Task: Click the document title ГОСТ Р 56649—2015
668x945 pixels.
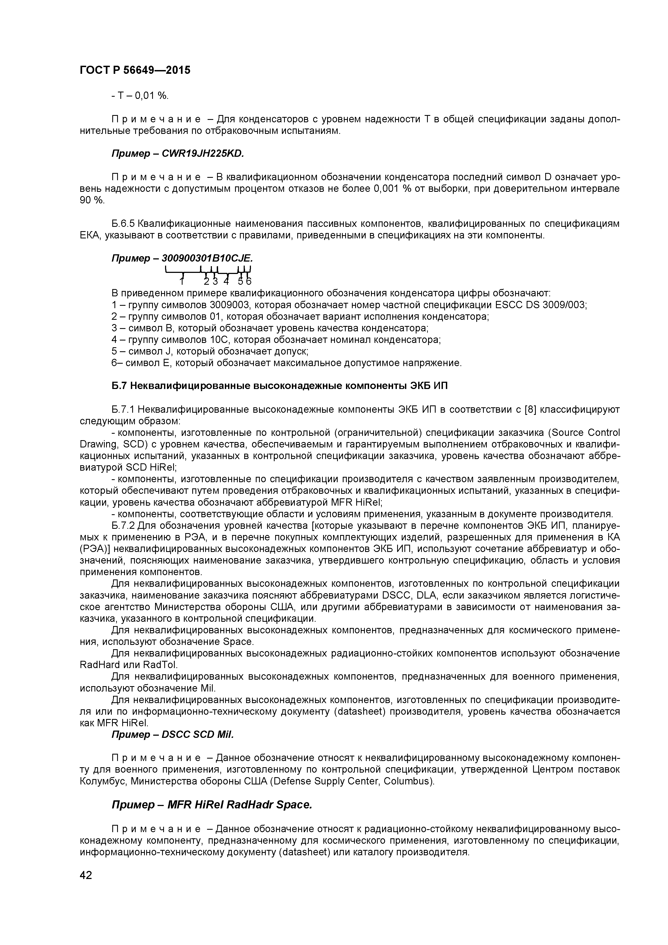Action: [x=135, y=70]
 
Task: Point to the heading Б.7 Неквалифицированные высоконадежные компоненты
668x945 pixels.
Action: [x=280, y=386]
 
